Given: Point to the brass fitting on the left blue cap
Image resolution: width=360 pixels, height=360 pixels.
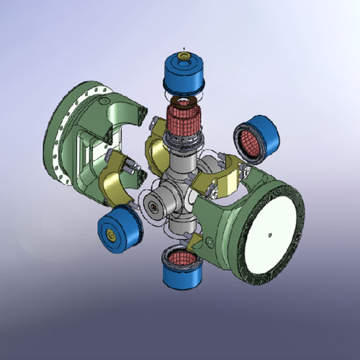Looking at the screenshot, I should pyautogui.click(x=110, y=235).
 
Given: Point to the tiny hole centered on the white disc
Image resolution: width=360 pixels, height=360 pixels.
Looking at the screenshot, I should pyautogui.click(x=269, y=234).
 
